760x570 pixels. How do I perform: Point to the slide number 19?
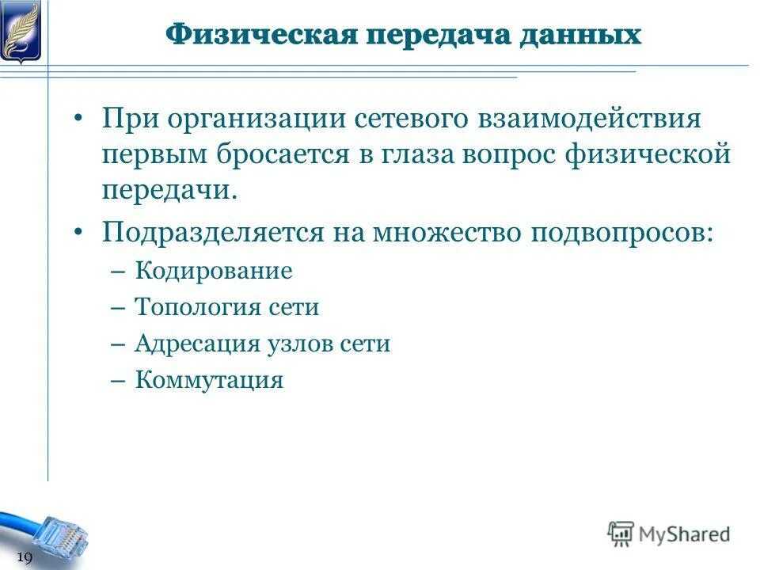[24, 559]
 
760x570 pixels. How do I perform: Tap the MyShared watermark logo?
[669, 534]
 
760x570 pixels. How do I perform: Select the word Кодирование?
[214, 272]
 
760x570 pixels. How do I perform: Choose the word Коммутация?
[209, 380]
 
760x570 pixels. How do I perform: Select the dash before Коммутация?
[119, 381]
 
